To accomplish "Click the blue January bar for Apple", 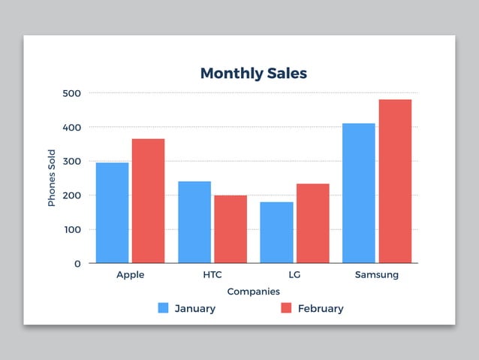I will (112, 213).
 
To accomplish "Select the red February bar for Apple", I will (148, 201).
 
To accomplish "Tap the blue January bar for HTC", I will (194, 222).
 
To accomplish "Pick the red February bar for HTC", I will (230, 229).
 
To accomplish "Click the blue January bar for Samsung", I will (358, 193).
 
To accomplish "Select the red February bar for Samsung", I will (395, 181).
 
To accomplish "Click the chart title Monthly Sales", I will (253, 74).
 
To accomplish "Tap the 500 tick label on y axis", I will (72, 93).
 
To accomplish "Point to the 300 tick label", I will (72, 162).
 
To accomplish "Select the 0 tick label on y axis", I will (77, 264).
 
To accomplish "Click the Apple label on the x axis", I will (130, 275).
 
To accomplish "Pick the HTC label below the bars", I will (212, 275).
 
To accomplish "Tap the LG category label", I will (294, 275).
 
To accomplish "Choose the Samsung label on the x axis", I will (376, 275).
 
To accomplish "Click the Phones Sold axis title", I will (52, 178).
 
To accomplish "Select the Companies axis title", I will (253, 292).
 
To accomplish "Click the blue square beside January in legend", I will (163, 308).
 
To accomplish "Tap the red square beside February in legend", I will (286, 308).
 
